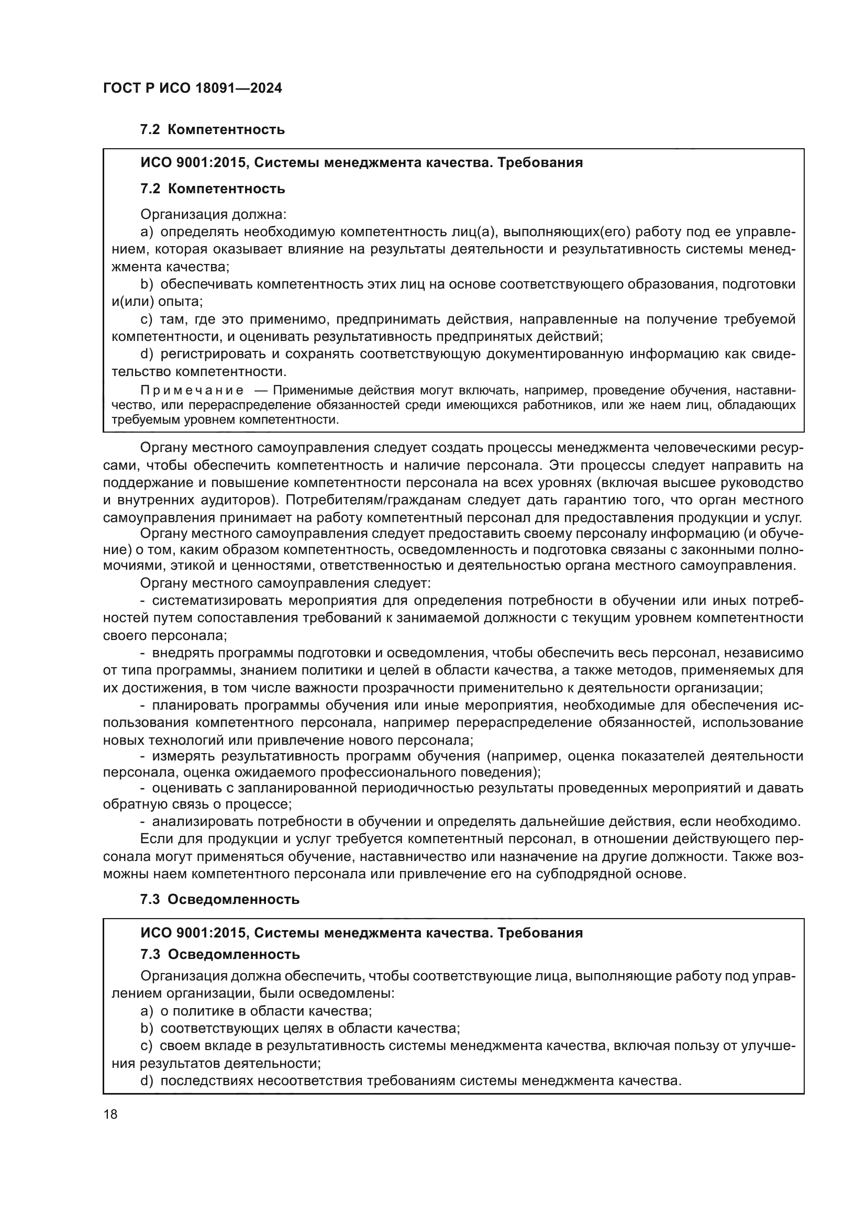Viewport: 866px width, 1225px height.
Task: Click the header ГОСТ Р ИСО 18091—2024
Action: coord(193,88)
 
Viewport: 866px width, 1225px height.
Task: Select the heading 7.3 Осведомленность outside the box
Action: coord(220,900)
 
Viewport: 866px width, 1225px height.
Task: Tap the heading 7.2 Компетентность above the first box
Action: coord(212,130)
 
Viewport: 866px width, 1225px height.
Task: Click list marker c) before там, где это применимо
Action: coord(147,319)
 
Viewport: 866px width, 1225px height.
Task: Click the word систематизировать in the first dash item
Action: coord(217,601)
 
